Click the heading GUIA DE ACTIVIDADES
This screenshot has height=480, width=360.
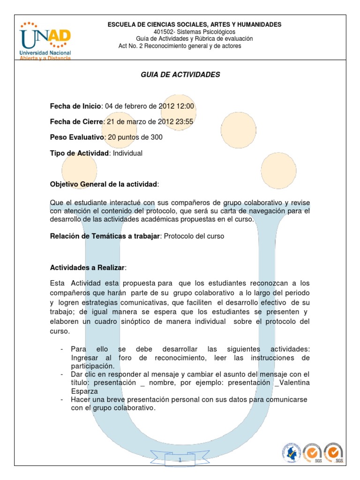point(180,75)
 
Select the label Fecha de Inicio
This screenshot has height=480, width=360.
point(75,106)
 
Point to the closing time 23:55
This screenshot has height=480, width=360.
point(184,122)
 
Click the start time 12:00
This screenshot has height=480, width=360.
point(185,106)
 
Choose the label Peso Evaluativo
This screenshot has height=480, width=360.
point(77,137)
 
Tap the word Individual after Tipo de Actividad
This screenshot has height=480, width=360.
point(128,153)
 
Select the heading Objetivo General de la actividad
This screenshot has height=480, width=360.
point(104,184)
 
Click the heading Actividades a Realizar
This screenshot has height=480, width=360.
point(87,268)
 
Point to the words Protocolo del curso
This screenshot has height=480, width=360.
point(194,236)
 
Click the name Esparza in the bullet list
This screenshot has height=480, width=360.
point(84,391)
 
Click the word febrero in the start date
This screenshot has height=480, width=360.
point(137,106)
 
